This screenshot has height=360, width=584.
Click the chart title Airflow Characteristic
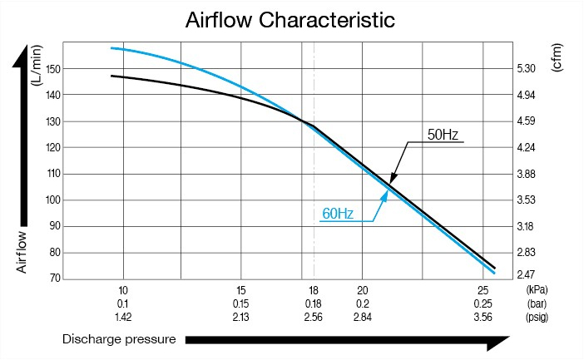[x=290, y=19]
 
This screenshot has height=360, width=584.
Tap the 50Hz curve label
[x=444, y=134]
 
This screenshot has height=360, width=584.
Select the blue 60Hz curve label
[x=338, y=214]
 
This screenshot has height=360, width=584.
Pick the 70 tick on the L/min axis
[x=52, y=278]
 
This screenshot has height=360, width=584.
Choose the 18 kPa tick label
[x=313, y=290]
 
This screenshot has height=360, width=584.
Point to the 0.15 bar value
[x=241, y=303]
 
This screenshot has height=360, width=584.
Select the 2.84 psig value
[x=361, y=317]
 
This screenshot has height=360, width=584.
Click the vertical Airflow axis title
[x=23, y=253]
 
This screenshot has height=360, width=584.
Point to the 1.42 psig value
[x=122, y=317]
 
